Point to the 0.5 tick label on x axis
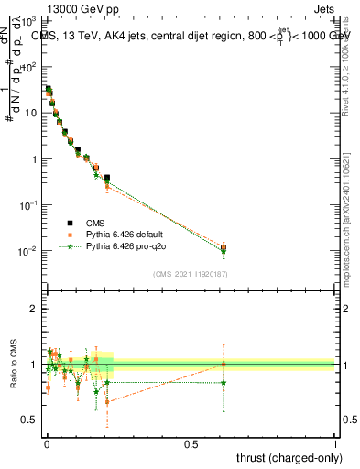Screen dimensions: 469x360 pos(191,443)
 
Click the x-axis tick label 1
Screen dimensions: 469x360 pos(335,443)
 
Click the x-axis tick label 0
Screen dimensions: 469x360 pos(47,443)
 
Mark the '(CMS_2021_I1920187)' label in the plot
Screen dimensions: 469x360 pos(191,274)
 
